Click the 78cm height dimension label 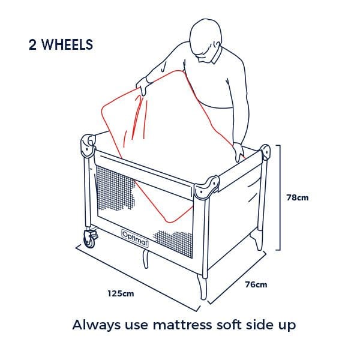298,197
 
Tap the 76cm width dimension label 256,284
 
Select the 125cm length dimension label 121,293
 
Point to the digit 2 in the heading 32,44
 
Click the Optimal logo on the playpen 135,238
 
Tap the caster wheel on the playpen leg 90,239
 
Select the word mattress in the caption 182,325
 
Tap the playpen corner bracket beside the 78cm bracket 265,152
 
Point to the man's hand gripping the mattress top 142,86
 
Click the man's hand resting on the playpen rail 239,152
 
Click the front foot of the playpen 202,287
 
